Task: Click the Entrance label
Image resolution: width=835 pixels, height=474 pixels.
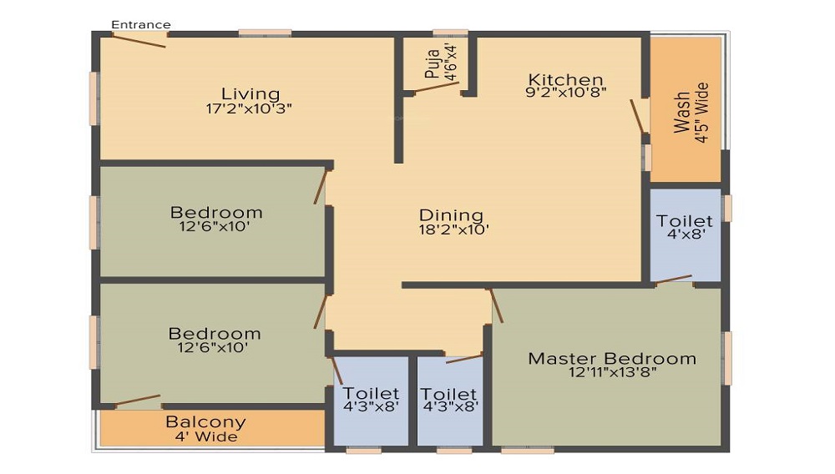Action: click(x=140, y=24)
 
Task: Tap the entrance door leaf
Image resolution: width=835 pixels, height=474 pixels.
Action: click(x=139, y=41)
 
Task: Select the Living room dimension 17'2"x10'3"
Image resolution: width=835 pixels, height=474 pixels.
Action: click(x=249, y=108)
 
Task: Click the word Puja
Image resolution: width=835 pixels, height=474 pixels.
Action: click(x=433, y=63)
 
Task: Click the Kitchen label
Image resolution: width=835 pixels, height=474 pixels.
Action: click(x=565, y=80)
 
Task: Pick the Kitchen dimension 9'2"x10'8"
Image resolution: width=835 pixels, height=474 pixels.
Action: click(x=565, y=92)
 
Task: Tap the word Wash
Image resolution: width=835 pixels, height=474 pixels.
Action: click(x=682, y=113)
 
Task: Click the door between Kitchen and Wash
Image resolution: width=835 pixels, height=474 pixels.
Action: click(x=637, y=115)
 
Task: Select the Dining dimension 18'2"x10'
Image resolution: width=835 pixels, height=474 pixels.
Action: click(x=453, y=229)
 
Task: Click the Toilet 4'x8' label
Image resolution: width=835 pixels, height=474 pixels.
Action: click(x=685, y=227)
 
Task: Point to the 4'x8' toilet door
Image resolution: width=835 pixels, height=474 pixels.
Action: click(x=674, y=279)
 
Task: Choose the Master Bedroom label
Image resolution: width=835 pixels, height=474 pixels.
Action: click(x=612, y=359)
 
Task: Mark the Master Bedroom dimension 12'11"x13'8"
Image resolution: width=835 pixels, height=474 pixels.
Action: click(x=612, y=372)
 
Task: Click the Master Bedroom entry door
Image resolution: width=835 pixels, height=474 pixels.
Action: click(x=496, y=305)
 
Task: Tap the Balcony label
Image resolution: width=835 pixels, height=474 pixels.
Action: click(x=205, y=422)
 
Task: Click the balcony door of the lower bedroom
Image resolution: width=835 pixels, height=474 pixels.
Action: click(x=138, y=400)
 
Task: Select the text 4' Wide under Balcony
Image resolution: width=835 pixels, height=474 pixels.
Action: click(x=206, y=436)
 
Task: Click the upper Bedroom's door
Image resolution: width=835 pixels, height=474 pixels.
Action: click(x=320, y=186)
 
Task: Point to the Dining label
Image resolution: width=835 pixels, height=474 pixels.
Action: click(x=451, y=216)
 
